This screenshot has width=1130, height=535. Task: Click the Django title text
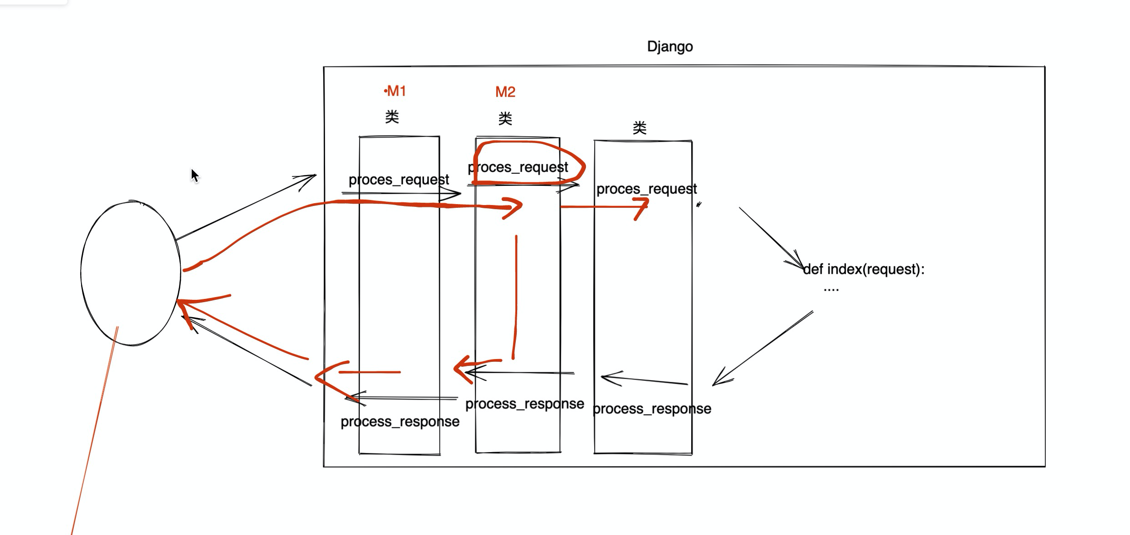coord(670,47)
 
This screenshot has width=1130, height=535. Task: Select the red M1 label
coord(395,91)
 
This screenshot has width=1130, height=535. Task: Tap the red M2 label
coord(505,92)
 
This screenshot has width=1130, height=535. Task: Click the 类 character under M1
coord(392,117)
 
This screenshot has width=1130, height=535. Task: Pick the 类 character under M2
coord(505,119)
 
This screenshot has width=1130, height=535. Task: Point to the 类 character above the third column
coord(640,128)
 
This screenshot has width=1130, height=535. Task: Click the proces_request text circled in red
coord(518,167)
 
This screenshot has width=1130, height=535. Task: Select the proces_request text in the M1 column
coord(399,180)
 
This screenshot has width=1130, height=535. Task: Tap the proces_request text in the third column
coord(646,189)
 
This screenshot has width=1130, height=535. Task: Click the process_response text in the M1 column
coord(400,422)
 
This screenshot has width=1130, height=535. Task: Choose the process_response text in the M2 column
coord(525,404)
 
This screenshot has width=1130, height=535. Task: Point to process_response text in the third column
coord(652,409)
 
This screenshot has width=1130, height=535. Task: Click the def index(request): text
coord(864,269)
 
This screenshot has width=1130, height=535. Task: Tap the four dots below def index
coord(831,289)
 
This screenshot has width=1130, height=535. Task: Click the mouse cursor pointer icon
coord(195,175)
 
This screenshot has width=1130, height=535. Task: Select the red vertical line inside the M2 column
coord(515,297)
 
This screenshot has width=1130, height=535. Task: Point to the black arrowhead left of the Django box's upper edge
coord(305,181)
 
